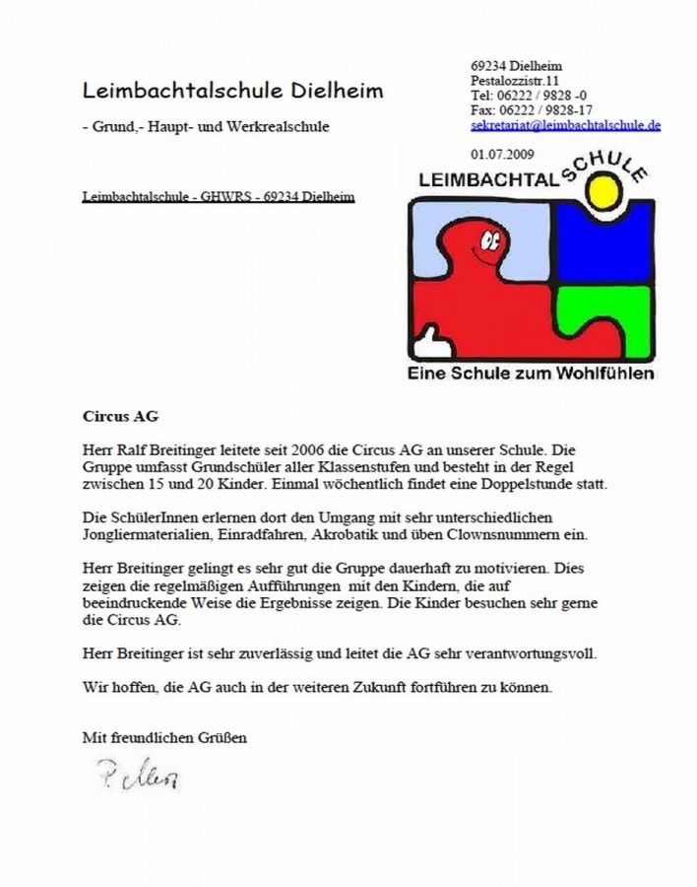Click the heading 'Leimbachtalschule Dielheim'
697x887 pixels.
[x=232, y=91]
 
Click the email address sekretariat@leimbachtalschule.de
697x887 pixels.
[x=565, y=125]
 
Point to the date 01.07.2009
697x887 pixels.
[x=503, y=154]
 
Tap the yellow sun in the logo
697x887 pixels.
[x=602, y=192]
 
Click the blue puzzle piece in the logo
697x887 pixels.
[x=603, y=242]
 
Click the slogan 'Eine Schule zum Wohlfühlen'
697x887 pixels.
[x=531, y=374]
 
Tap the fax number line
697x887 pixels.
[x=532, y=109]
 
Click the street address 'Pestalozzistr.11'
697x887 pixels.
[x=516, y=80]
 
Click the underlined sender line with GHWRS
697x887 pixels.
[x=218, y=197]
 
